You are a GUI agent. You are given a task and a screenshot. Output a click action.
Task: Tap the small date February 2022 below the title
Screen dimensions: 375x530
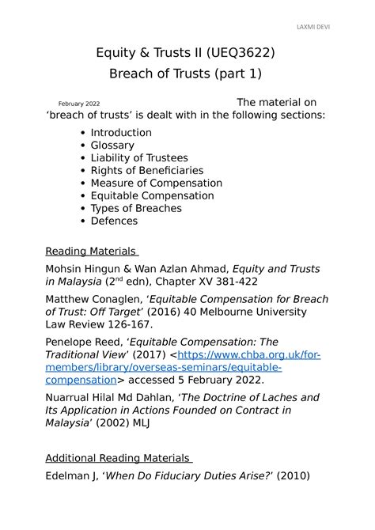tap(79, 104)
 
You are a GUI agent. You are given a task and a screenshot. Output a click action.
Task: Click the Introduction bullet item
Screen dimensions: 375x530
tap(121, 133)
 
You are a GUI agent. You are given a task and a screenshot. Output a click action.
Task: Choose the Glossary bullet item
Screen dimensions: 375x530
tap(112, 146)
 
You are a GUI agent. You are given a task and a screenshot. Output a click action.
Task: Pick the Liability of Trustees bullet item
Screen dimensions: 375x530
tap(139, 158)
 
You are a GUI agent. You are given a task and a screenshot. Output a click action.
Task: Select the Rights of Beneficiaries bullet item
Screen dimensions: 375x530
tap(147, 171)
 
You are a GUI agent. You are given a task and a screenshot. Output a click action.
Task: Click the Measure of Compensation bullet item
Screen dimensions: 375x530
tap(157, 184)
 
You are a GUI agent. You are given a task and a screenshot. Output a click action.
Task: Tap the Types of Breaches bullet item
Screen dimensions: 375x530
tap(136, 209)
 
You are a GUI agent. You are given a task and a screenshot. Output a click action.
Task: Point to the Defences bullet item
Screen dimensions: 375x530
tap(114, 221)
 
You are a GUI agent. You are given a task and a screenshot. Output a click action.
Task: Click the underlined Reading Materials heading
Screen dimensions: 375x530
tap(91, 252)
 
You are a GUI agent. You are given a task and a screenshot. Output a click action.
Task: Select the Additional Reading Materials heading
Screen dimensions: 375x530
tap(118, 458)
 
